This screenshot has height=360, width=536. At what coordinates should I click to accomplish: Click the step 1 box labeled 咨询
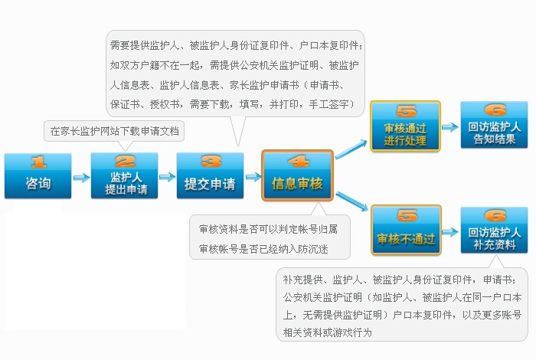(x=38, y=175)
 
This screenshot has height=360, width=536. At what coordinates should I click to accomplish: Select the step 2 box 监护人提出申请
(x=124, y=175)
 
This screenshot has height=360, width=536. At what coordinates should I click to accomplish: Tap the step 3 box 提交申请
(x=211, y=175)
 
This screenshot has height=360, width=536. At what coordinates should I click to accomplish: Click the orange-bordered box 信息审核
(x=297, y=175)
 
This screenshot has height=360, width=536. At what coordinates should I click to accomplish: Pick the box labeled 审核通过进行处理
(x=405, y=126)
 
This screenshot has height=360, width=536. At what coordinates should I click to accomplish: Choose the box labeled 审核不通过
(x=406, y=230)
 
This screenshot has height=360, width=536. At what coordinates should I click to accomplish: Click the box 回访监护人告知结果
(x=495, y=125)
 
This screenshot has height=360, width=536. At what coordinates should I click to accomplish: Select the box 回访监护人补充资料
(x=495, y=230)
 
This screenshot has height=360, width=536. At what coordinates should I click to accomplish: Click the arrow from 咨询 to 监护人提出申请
(x=81, y=178)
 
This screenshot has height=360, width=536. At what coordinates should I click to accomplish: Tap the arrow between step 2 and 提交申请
(x=167, y=177)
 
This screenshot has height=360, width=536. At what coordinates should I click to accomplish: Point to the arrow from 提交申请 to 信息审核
(x=253, y=177)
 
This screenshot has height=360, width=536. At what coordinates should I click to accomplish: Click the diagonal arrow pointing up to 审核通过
(x=351, y=149)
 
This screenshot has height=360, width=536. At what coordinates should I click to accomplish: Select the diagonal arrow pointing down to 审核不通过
(x=351, y=201)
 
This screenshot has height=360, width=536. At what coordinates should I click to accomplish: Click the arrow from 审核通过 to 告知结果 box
(x=450, y=127)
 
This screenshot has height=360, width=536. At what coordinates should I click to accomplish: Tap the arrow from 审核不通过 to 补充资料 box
(x=450, y=232)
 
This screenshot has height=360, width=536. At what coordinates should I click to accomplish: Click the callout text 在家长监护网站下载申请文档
(x=114, y=131)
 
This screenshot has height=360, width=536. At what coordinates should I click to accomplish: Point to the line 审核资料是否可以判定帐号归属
(x=268, y=229)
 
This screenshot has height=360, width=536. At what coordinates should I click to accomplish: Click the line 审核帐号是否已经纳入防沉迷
(x=263, y=249)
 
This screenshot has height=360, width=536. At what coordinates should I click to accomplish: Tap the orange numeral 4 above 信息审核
(x=299, y=162)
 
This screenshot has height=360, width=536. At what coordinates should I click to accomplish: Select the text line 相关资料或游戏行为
(x=327, y=332)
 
